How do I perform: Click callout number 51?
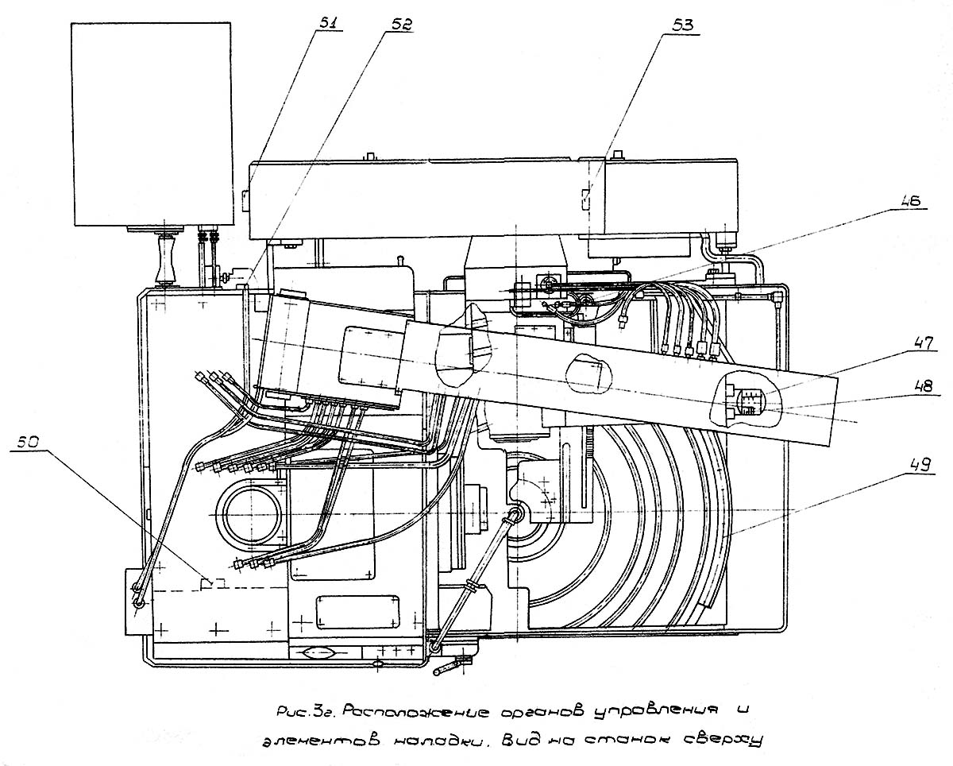point(330,23)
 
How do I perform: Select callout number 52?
point(400,25)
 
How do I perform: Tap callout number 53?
point(682,25)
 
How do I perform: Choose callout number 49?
point(920,465)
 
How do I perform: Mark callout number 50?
point(29,442)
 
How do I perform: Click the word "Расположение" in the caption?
point(416,713)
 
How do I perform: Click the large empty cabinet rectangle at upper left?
point(152,124)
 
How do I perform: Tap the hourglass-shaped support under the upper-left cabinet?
point(164,261)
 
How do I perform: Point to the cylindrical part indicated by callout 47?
point(751,401)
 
